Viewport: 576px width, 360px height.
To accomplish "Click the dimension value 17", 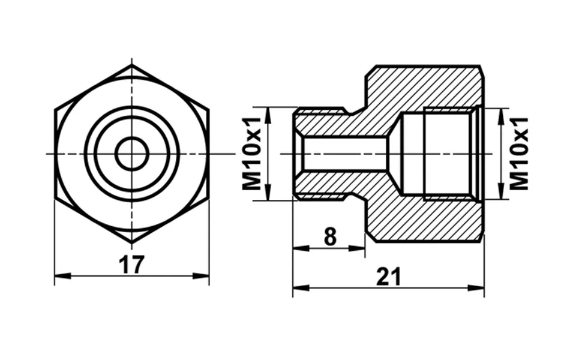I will [x=131, y=265].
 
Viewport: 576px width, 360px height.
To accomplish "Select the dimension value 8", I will [x=329, y=238].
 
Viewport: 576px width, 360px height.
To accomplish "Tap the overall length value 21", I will [x=388, y=277].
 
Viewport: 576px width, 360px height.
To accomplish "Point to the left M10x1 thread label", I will [x=253, y=154].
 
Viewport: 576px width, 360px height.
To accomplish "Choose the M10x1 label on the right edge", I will [x=520, y=154].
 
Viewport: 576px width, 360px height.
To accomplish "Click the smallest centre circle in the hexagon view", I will [x=132, y=154].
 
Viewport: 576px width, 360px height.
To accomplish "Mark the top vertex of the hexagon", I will [x=132, y=65].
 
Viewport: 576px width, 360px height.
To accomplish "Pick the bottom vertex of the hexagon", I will [x=132, y=242].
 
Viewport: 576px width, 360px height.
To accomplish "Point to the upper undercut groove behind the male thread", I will [x=347, y=110].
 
